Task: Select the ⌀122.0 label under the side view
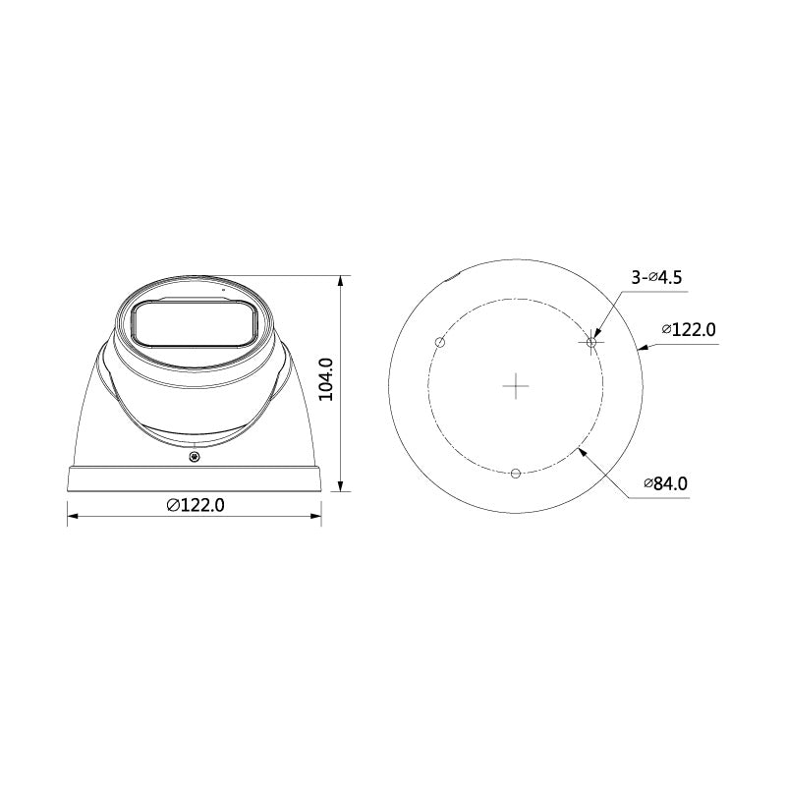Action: pos(196,505)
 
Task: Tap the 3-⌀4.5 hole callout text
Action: pos(656,278)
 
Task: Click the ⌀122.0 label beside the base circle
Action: pos(689,329)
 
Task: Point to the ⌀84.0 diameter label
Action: pos(665,483)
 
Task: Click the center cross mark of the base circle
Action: pos(516,386)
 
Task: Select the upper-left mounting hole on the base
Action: pos(440,343)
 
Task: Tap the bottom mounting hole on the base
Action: pos(516,474)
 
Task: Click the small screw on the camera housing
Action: pos(195,455)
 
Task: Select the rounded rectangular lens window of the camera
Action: pos(195,323)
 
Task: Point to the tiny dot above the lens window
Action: pos(223,291)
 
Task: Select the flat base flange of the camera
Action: pos(195,479)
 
